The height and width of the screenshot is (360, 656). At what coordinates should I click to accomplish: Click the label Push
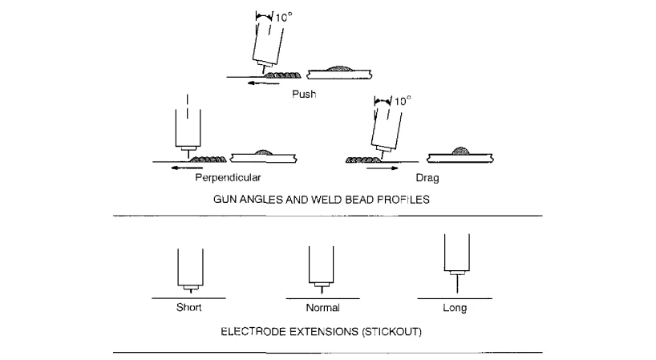point(304,94)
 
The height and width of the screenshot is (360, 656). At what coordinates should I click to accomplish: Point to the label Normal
point(322,308)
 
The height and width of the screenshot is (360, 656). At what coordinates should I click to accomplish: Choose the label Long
point(455,308)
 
